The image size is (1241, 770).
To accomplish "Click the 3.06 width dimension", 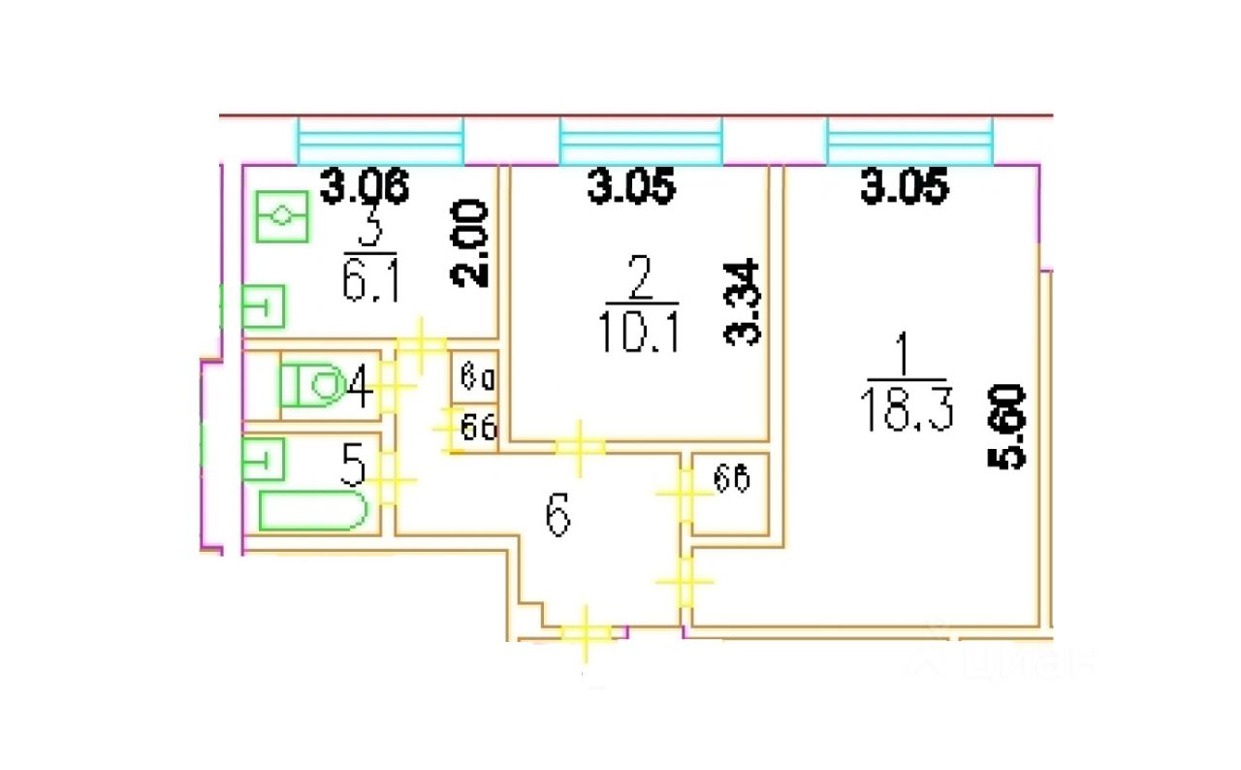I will click(366, 186).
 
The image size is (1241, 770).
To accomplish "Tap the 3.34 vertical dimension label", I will click(746, 304).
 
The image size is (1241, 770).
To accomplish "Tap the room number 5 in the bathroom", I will click(355, 468).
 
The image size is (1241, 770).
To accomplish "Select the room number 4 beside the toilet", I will click(360, 390).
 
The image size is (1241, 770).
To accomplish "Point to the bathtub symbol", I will click(312, 510).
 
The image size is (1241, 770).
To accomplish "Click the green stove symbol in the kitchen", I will click(282, 216).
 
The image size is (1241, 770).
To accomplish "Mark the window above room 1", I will click(909, 143).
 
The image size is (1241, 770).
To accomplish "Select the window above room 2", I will click(641, 143).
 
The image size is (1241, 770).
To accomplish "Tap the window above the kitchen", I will click(380, 143).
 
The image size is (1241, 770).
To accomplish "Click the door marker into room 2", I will click(579, 447).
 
